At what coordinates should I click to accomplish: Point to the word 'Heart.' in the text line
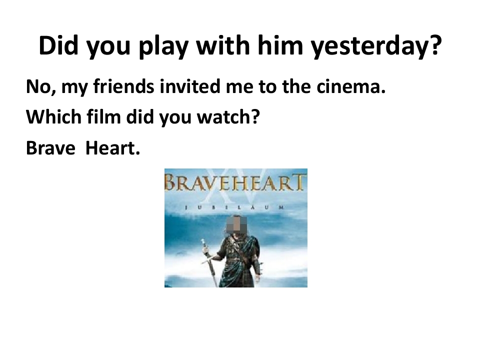tap(111, 148)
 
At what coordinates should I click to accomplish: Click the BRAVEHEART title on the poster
tap(235, 182)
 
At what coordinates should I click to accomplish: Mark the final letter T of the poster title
tap(300, 182)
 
